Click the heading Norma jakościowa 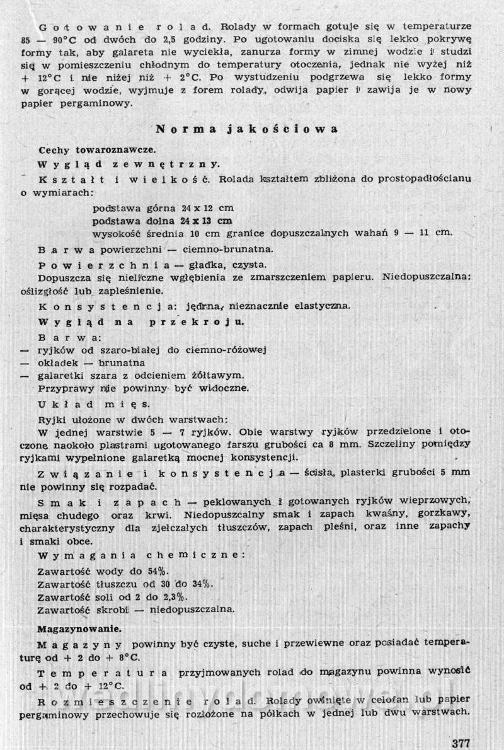pos(247,129)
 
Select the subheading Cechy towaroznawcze pos(93,151)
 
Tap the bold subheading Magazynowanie pos(80,628)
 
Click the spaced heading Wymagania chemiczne pos(140,555)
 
